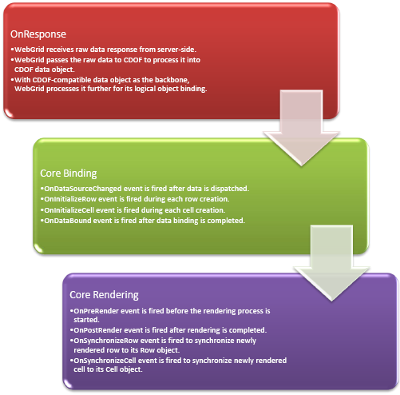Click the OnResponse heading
point(38,34)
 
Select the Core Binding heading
point(69,174)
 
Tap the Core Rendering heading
point(104,295)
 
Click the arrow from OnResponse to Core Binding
point(301,128)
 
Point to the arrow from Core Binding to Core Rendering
point(331,263)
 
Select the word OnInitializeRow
point(70,199)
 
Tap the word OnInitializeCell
point(69,210)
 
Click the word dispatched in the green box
point(230,189)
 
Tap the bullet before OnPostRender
point(72,330)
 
